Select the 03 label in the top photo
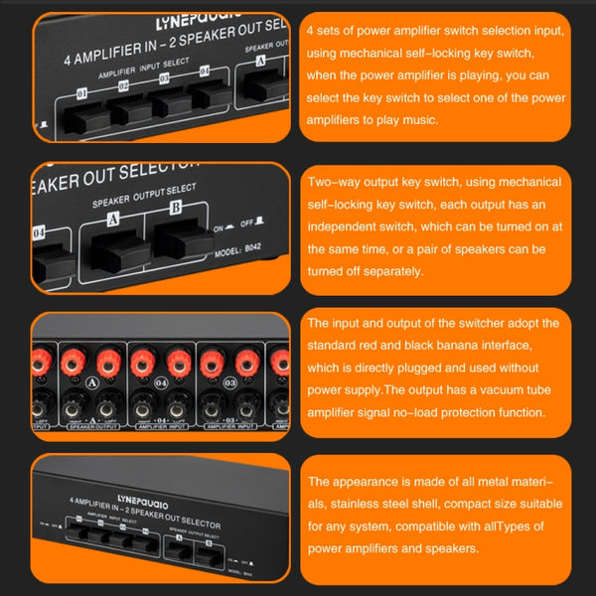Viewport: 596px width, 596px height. click(165, 79)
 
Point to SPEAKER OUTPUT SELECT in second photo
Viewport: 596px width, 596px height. click(144, 190)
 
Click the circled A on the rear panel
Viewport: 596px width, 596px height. click(91, 382)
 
